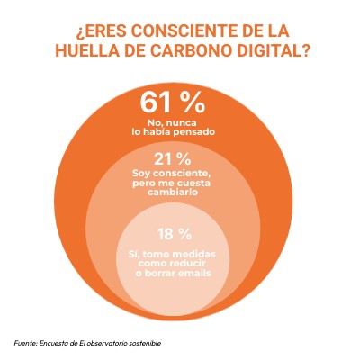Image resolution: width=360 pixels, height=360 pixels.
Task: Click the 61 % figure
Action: (173, 103)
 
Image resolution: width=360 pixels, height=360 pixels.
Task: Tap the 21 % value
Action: (173, 159)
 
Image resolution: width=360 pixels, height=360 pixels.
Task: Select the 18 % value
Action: (175, 234)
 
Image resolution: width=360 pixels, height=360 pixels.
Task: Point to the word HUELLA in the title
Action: (85, 50)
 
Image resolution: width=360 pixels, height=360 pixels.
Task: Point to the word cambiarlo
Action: (173, 192)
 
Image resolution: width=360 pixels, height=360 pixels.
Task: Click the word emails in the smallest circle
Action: (194, 273)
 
